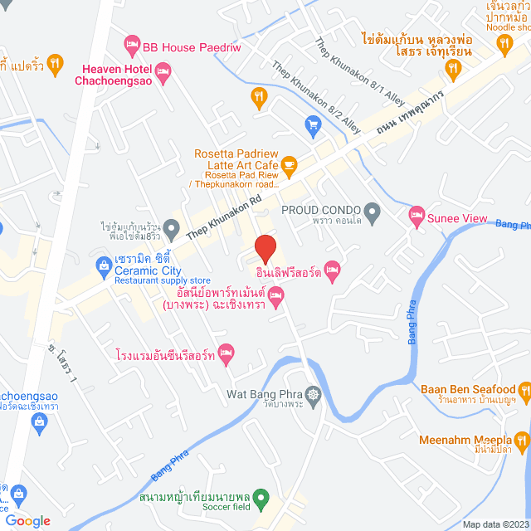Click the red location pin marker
tap(265, 249)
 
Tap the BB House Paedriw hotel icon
tap(131, 43)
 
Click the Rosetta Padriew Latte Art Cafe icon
tap(288, 167)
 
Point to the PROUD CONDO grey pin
tap(373, 210)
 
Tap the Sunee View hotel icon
tap(417, 217)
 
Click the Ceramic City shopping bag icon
tap(103, 266)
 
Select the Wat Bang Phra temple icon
tap(313, 393)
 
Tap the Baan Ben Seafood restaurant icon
tap(524, 387)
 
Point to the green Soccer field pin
tap(261, 499)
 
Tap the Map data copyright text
tap(495, 524)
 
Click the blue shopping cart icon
tap(313, 125)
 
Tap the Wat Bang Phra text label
tap(265, 392)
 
